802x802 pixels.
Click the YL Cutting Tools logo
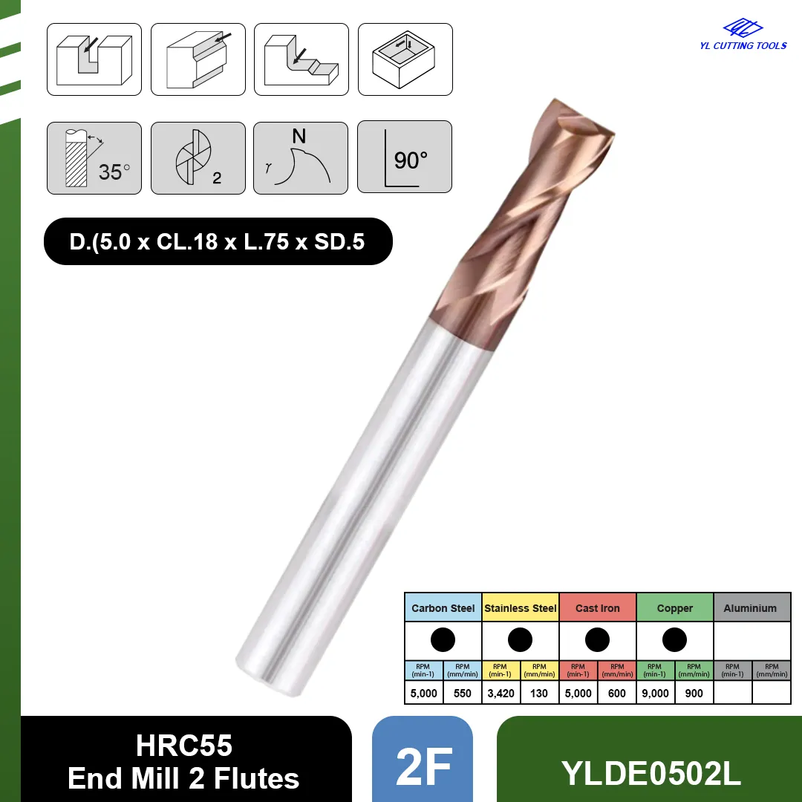[743, 34]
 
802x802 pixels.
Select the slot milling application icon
[94, 59]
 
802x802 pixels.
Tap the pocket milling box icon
[405, 59]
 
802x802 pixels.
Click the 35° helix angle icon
[94, 158]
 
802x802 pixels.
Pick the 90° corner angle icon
[405, 157]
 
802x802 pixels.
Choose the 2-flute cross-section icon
[198, 158]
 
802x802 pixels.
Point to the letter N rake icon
[301, 158]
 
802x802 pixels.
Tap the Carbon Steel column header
[443, 607]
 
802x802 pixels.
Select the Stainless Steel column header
[520, 607]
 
